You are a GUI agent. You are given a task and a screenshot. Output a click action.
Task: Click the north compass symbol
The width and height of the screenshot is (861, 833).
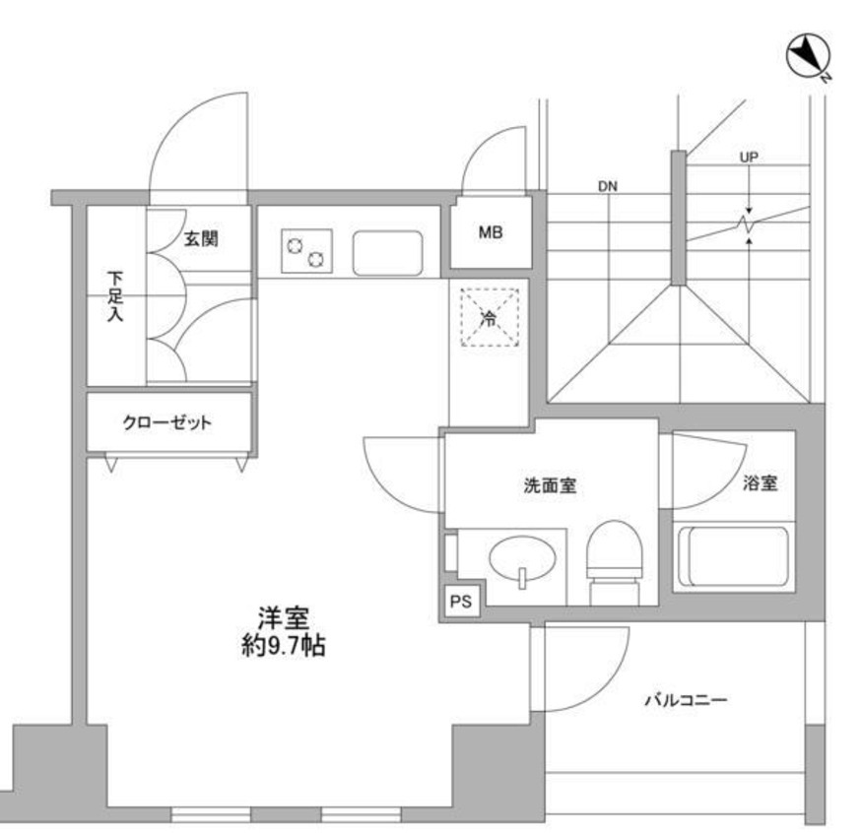click(x=807, y=57)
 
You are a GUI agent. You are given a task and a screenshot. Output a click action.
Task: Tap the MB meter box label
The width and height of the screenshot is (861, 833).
click(x=490, y=233)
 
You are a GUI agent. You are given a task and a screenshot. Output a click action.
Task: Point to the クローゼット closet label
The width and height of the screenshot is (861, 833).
click(x=167, y=423)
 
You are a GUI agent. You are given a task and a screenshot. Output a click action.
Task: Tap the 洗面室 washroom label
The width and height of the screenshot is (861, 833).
click(x=549, y=485)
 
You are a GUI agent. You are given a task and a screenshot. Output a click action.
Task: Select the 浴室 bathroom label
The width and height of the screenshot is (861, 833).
click(x=761, y=483)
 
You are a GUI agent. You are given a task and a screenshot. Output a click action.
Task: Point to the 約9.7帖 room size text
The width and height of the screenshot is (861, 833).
click(x=285, y=647)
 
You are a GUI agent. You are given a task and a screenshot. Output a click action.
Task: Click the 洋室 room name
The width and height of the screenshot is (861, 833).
click(x=285, y=619)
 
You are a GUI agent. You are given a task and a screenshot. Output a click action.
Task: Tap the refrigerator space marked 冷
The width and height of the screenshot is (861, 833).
click(x=489, y=317)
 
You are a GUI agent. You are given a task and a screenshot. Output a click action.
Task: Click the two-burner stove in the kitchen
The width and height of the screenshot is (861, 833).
click(x=307, y=252)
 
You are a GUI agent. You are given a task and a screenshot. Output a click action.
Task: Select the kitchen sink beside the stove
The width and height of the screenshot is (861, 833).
click(x=388, y=253)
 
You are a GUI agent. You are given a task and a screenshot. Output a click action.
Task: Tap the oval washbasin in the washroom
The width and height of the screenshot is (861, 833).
click(x=522, y=560)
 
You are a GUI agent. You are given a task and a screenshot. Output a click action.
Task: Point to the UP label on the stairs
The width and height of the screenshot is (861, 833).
click(x=748, y=158)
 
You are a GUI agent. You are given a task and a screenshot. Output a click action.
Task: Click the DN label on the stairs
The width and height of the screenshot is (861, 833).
click(x=607, y=186)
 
